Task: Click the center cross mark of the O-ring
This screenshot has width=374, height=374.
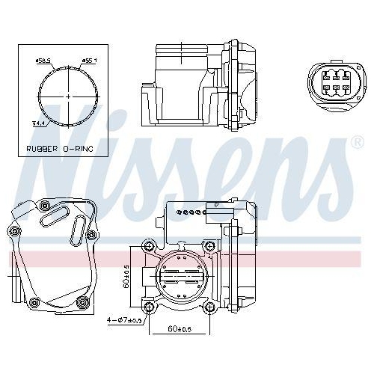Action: [68, 96]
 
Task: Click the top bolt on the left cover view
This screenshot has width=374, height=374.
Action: [43, 204]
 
